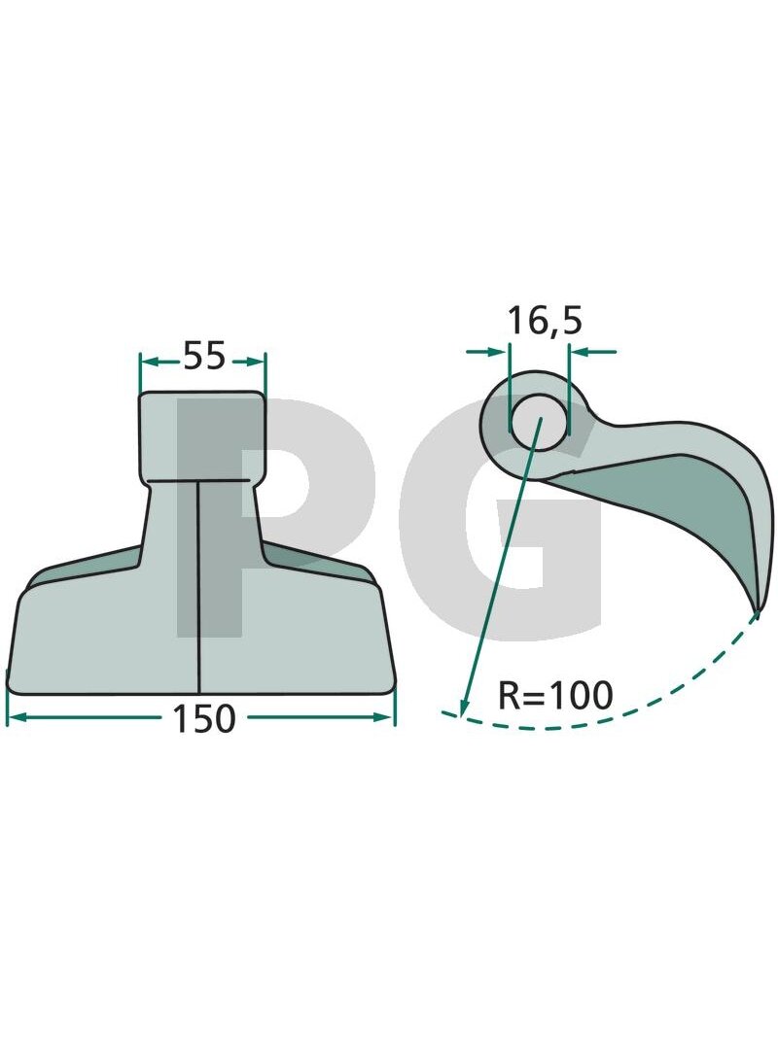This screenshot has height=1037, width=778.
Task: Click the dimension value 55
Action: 204,356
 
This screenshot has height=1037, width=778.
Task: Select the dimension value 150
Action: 203,719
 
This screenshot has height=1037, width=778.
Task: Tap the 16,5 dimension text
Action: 545,321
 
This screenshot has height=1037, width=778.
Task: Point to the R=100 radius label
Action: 555,695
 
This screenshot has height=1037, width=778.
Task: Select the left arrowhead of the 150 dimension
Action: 15,717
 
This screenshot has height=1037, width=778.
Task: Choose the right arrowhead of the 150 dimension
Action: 384,717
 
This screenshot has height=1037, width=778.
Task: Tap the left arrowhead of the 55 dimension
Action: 150,361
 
